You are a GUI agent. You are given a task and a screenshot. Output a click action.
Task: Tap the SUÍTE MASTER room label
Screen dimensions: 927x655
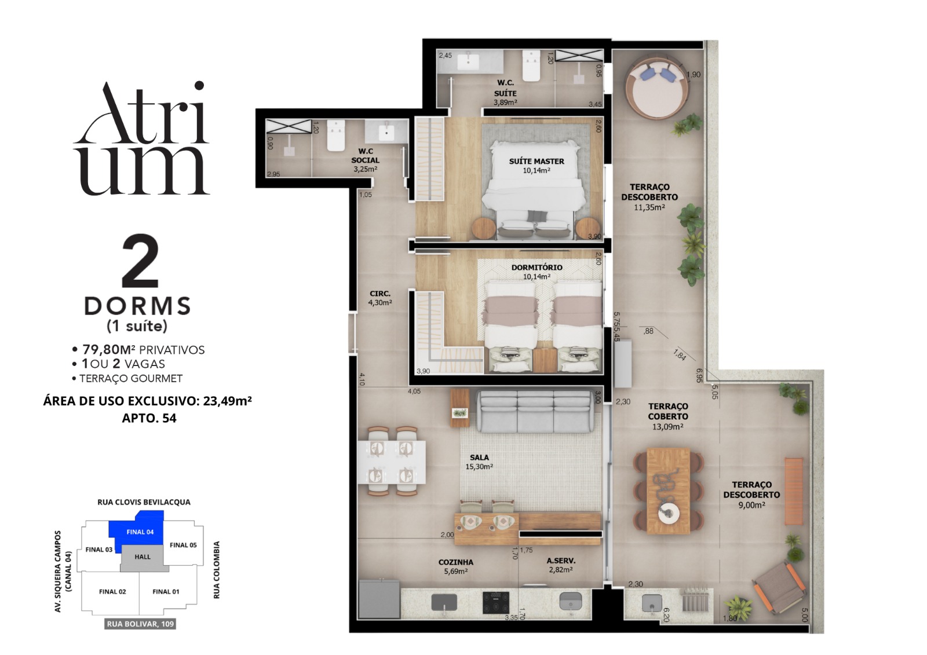point(537,162)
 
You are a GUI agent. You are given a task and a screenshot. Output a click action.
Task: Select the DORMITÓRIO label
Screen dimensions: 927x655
point(537,268)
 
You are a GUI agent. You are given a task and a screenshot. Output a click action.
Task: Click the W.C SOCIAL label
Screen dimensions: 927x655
point(365,155)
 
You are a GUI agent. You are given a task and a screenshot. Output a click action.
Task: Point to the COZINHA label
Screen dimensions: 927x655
point(455,562)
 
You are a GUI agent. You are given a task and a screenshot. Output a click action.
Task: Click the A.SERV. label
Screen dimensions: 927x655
point(561,561)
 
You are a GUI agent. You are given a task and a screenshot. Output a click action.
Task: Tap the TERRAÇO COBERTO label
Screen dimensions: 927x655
point(668,411)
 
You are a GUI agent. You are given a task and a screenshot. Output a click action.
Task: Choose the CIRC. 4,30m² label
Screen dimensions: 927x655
point(380,298)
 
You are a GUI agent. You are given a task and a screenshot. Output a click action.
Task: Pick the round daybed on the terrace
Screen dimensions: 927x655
point(657,87)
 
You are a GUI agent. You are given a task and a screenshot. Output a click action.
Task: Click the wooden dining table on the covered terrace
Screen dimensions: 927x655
point(668,491)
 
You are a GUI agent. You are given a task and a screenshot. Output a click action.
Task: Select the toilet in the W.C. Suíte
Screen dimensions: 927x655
point(531,66)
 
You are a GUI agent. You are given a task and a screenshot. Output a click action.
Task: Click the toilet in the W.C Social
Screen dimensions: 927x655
point(335,136)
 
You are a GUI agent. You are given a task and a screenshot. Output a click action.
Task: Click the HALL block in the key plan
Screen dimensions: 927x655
point(143,557)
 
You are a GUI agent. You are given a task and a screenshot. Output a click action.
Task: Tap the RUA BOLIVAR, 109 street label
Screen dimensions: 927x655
point(141,624)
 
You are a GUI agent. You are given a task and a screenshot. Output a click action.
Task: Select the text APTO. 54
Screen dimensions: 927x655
point(149,418)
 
